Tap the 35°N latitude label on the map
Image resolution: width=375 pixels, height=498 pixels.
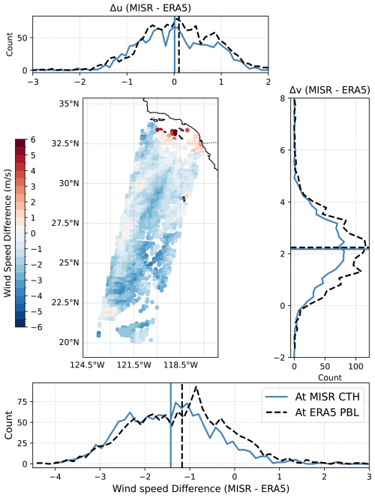[x=68, y=103]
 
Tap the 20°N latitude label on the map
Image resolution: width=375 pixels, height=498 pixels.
[x=68, y=342]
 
